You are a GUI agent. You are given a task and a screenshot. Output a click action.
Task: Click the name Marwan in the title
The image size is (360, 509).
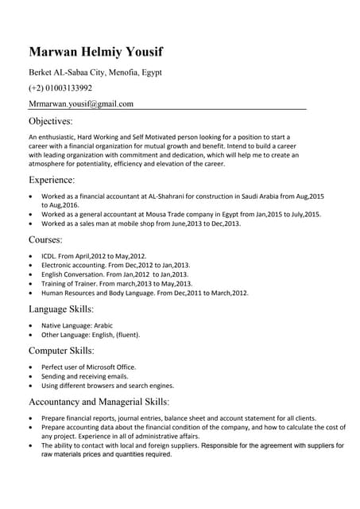pos(54,52)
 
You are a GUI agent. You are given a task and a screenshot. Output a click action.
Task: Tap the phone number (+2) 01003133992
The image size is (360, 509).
pos(60,87)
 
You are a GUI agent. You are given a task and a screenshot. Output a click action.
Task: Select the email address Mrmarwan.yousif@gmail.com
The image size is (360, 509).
pos(81,103)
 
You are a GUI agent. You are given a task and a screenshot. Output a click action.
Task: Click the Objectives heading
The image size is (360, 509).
pos(50,122)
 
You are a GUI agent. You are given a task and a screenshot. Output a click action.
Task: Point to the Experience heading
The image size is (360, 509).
pos(52,181)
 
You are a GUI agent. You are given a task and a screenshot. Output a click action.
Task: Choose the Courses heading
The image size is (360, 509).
pos(45,239)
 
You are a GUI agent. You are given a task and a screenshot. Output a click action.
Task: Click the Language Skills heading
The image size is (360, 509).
pos(61,309)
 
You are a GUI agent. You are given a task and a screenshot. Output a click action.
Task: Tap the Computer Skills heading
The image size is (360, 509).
pos(61,350)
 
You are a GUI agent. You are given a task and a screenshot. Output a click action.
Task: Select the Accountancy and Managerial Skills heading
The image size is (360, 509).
pos(99,402)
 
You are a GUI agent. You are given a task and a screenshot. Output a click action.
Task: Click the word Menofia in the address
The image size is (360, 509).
pos(118,72)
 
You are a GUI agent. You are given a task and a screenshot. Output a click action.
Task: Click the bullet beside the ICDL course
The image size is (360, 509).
pos(31,255)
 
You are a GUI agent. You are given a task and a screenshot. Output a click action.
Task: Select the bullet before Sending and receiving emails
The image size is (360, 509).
pos(31,375)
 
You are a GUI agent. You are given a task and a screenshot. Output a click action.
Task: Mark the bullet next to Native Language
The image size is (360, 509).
pos(31,325)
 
